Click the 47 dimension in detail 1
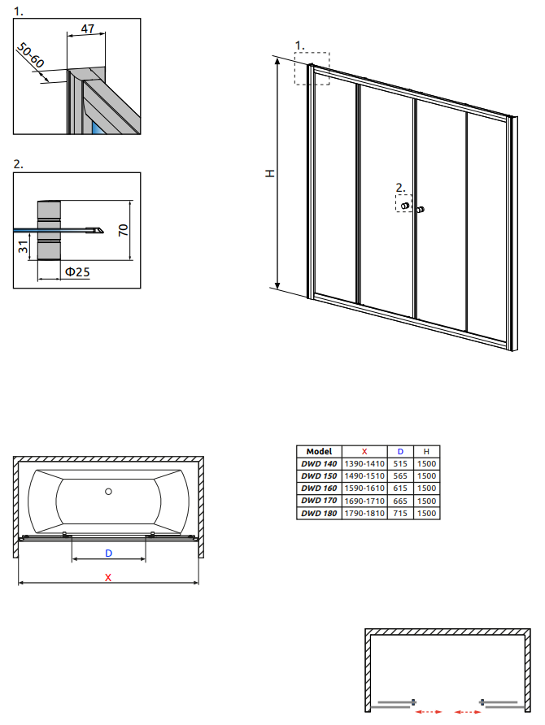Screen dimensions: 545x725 (87, 28)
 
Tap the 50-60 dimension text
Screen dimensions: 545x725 (31, 54)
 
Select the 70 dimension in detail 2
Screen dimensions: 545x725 (124, 230)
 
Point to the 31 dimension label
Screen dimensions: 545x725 (23, 247)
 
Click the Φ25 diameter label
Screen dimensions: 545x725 (77, 271)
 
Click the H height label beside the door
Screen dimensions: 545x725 (270, 173)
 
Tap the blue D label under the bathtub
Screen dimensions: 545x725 (109, 553)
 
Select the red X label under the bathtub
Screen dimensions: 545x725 (108, 577)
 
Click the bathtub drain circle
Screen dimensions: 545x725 (108, 492)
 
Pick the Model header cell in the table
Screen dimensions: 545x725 (319, 451)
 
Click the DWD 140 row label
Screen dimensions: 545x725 (319, 464)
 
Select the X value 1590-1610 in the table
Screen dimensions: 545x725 (364, 488)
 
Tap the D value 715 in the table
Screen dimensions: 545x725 (400, 513)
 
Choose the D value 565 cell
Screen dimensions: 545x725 (400, 475)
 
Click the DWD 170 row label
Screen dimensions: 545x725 (319, 501)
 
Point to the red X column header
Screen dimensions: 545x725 (364, 451)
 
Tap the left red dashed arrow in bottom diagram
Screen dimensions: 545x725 (429, 712)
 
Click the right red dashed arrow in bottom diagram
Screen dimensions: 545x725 (468, 712)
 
